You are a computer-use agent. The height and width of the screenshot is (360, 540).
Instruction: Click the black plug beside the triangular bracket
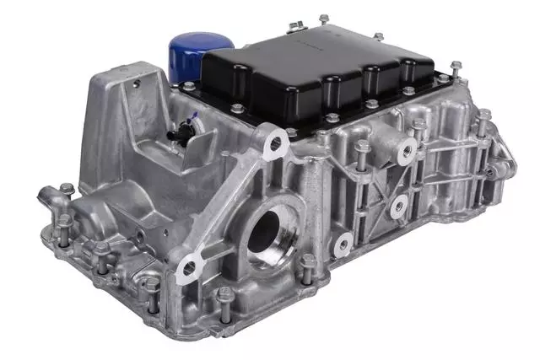[x=180, y=133]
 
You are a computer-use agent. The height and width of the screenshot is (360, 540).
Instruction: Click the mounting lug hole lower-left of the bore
[x=189, y=268]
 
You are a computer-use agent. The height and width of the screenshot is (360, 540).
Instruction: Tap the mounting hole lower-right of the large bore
[x=341, y=244]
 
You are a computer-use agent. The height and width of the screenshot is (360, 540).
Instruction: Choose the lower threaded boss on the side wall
[x=397, y=205]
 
